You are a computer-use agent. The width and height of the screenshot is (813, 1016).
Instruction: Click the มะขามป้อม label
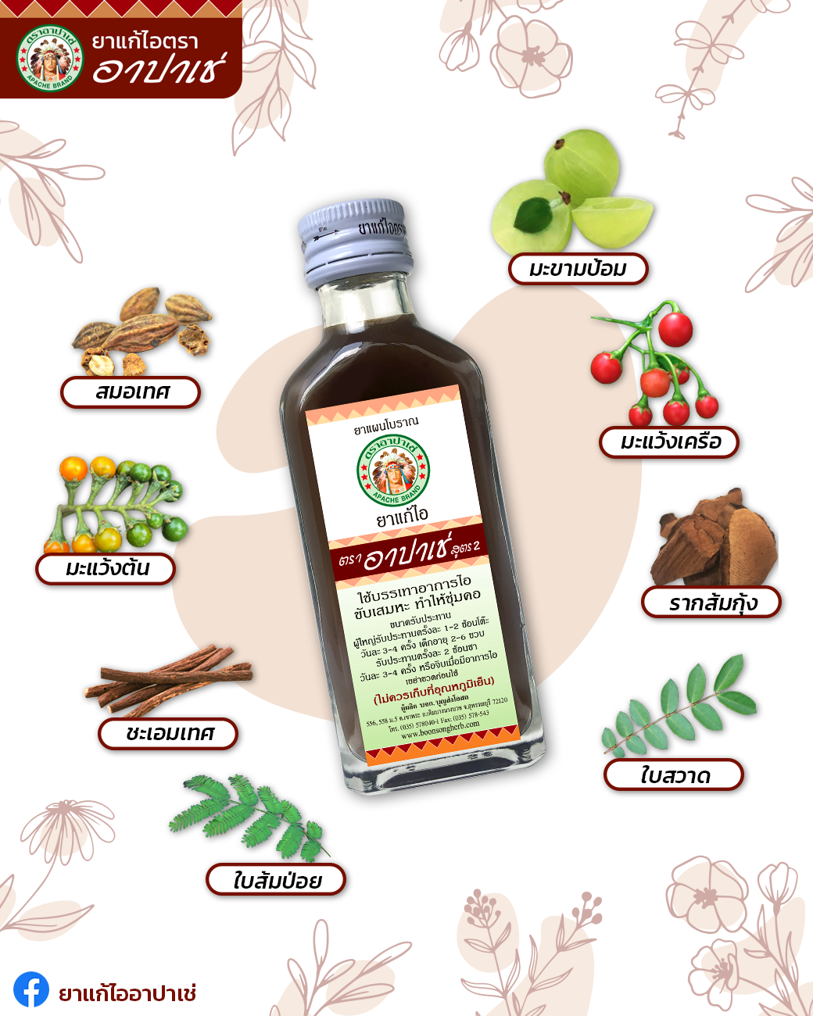tap(578, 269)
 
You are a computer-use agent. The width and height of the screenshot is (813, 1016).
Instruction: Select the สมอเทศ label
tap(131, 392)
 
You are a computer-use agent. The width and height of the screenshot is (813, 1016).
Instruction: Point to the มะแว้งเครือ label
tap(669, 442)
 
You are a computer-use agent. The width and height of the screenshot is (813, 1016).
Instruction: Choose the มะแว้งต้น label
tap(106, 568)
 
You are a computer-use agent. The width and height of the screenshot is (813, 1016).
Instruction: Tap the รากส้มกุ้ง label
tap(711, 603)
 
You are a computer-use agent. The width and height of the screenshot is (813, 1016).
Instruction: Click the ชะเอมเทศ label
tap(168, 734)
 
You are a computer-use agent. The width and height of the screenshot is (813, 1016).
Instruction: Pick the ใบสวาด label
tap(673, 775)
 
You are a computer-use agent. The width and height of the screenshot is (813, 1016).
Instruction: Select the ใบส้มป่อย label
tap(276, 881)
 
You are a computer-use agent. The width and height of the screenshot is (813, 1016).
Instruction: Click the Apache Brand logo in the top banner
tap(49, 58)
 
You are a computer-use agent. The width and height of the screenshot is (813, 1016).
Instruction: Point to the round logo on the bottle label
tap(393, 471)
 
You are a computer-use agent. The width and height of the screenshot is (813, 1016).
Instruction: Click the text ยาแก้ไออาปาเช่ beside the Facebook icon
tap(127, 993)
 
